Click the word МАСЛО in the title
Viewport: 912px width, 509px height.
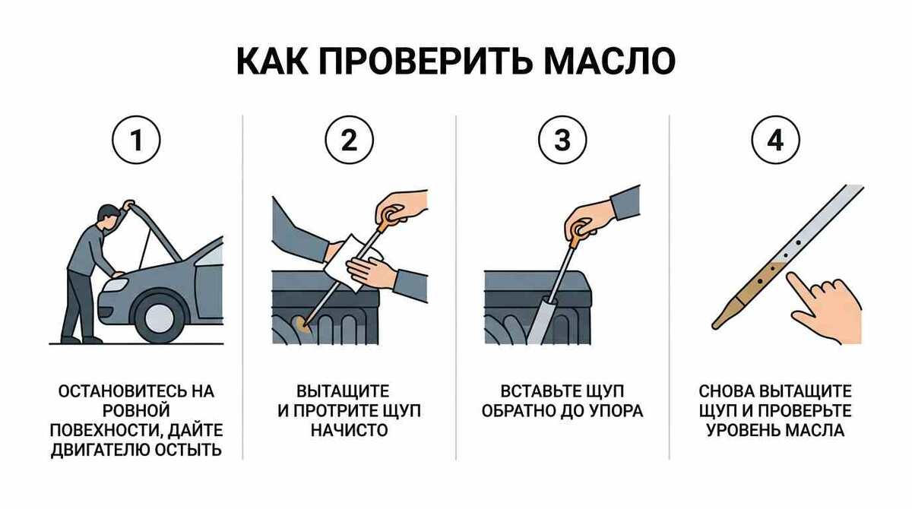tap(610, 62)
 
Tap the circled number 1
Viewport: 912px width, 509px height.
tap(136, 140)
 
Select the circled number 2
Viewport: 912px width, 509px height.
tap(350, 140)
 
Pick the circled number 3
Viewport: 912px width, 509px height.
tap(562, 140)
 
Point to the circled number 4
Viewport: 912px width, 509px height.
tap(776, 140)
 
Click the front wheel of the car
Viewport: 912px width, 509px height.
tap(160, 318)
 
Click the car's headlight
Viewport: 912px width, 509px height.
tap(116, 284)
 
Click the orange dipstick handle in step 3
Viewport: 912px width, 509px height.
tap(578, 236)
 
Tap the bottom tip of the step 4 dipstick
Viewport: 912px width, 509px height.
tap(715, 326)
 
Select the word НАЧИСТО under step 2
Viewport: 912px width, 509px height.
tap(350, 431)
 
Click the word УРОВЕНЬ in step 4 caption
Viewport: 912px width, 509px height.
tap(743, 431)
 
